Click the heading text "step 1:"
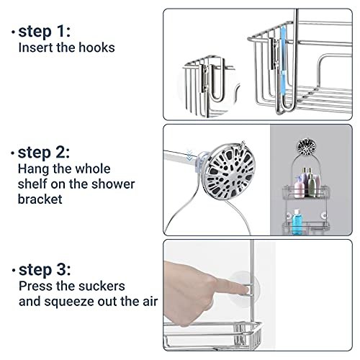pos(45,32)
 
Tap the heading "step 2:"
pos(44,153)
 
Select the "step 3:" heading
pos(45,270)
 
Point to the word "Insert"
pos(36,48)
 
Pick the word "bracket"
pos(40,199)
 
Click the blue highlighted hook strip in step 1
pos(283,54)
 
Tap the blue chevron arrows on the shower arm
pos(189,156)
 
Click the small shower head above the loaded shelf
pos(307,147)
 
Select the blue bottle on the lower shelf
pos(297,222)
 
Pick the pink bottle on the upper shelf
pos(299,187)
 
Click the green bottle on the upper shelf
pos(311,185)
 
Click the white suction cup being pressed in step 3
pos(244,289)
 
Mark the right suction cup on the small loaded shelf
pos(324,215)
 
